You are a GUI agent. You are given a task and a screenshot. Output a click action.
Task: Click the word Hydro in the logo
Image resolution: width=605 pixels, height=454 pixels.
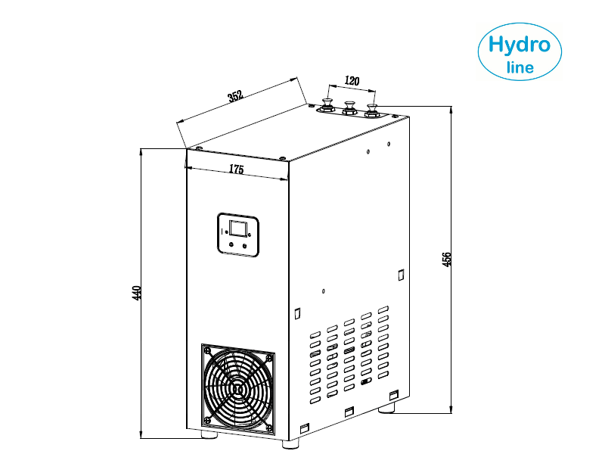pos(520,45)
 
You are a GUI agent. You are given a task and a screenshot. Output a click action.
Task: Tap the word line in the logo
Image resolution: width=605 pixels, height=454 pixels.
pos(520,67)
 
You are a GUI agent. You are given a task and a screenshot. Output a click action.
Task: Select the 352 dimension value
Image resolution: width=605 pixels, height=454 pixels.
pos(235,96)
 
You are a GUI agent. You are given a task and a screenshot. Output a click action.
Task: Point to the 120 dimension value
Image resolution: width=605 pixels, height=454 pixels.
pos(352,81)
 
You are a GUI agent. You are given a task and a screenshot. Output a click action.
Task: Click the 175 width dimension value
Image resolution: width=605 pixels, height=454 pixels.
pos(237,169)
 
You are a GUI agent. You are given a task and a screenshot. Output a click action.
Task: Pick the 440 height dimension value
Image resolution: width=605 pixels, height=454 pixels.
pos(137,293)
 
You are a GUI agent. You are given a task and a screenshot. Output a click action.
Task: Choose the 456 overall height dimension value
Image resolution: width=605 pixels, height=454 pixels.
pos(445,259)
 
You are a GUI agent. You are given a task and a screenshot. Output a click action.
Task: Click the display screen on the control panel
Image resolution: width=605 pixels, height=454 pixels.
pos(238,228)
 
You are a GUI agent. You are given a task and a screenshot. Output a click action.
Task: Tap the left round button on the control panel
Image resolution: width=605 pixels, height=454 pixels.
pos(231,244)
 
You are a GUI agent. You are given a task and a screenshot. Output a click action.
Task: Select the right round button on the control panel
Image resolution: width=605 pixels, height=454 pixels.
pos(244,246)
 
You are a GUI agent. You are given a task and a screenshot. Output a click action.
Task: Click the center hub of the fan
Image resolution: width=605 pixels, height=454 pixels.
pos(237,389)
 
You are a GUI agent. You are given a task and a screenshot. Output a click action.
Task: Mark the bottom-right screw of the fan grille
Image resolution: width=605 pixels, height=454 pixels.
pos(268,428)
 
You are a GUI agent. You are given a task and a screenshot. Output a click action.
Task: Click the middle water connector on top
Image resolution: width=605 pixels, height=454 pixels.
pos(349,107)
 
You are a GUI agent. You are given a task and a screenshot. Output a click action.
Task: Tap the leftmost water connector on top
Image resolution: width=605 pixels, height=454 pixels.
pos(327,105)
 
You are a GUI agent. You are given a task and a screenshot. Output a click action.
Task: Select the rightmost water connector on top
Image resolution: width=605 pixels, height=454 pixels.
pos(372,110)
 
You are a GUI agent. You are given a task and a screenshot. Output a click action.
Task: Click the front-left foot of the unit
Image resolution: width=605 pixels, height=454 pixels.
pos(209,434)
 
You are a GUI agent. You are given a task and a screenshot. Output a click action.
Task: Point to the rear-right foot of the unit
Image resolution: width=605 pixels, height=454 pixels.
pos(386,408)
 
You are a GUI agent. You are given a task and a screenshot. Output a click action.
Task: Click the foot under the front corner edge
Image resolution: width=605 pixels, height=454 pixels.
pos(290,444)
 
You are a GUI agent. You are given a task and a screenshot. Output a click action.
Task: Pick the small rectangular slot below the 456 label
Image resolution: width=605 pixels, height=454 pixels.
pos(401,275)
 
